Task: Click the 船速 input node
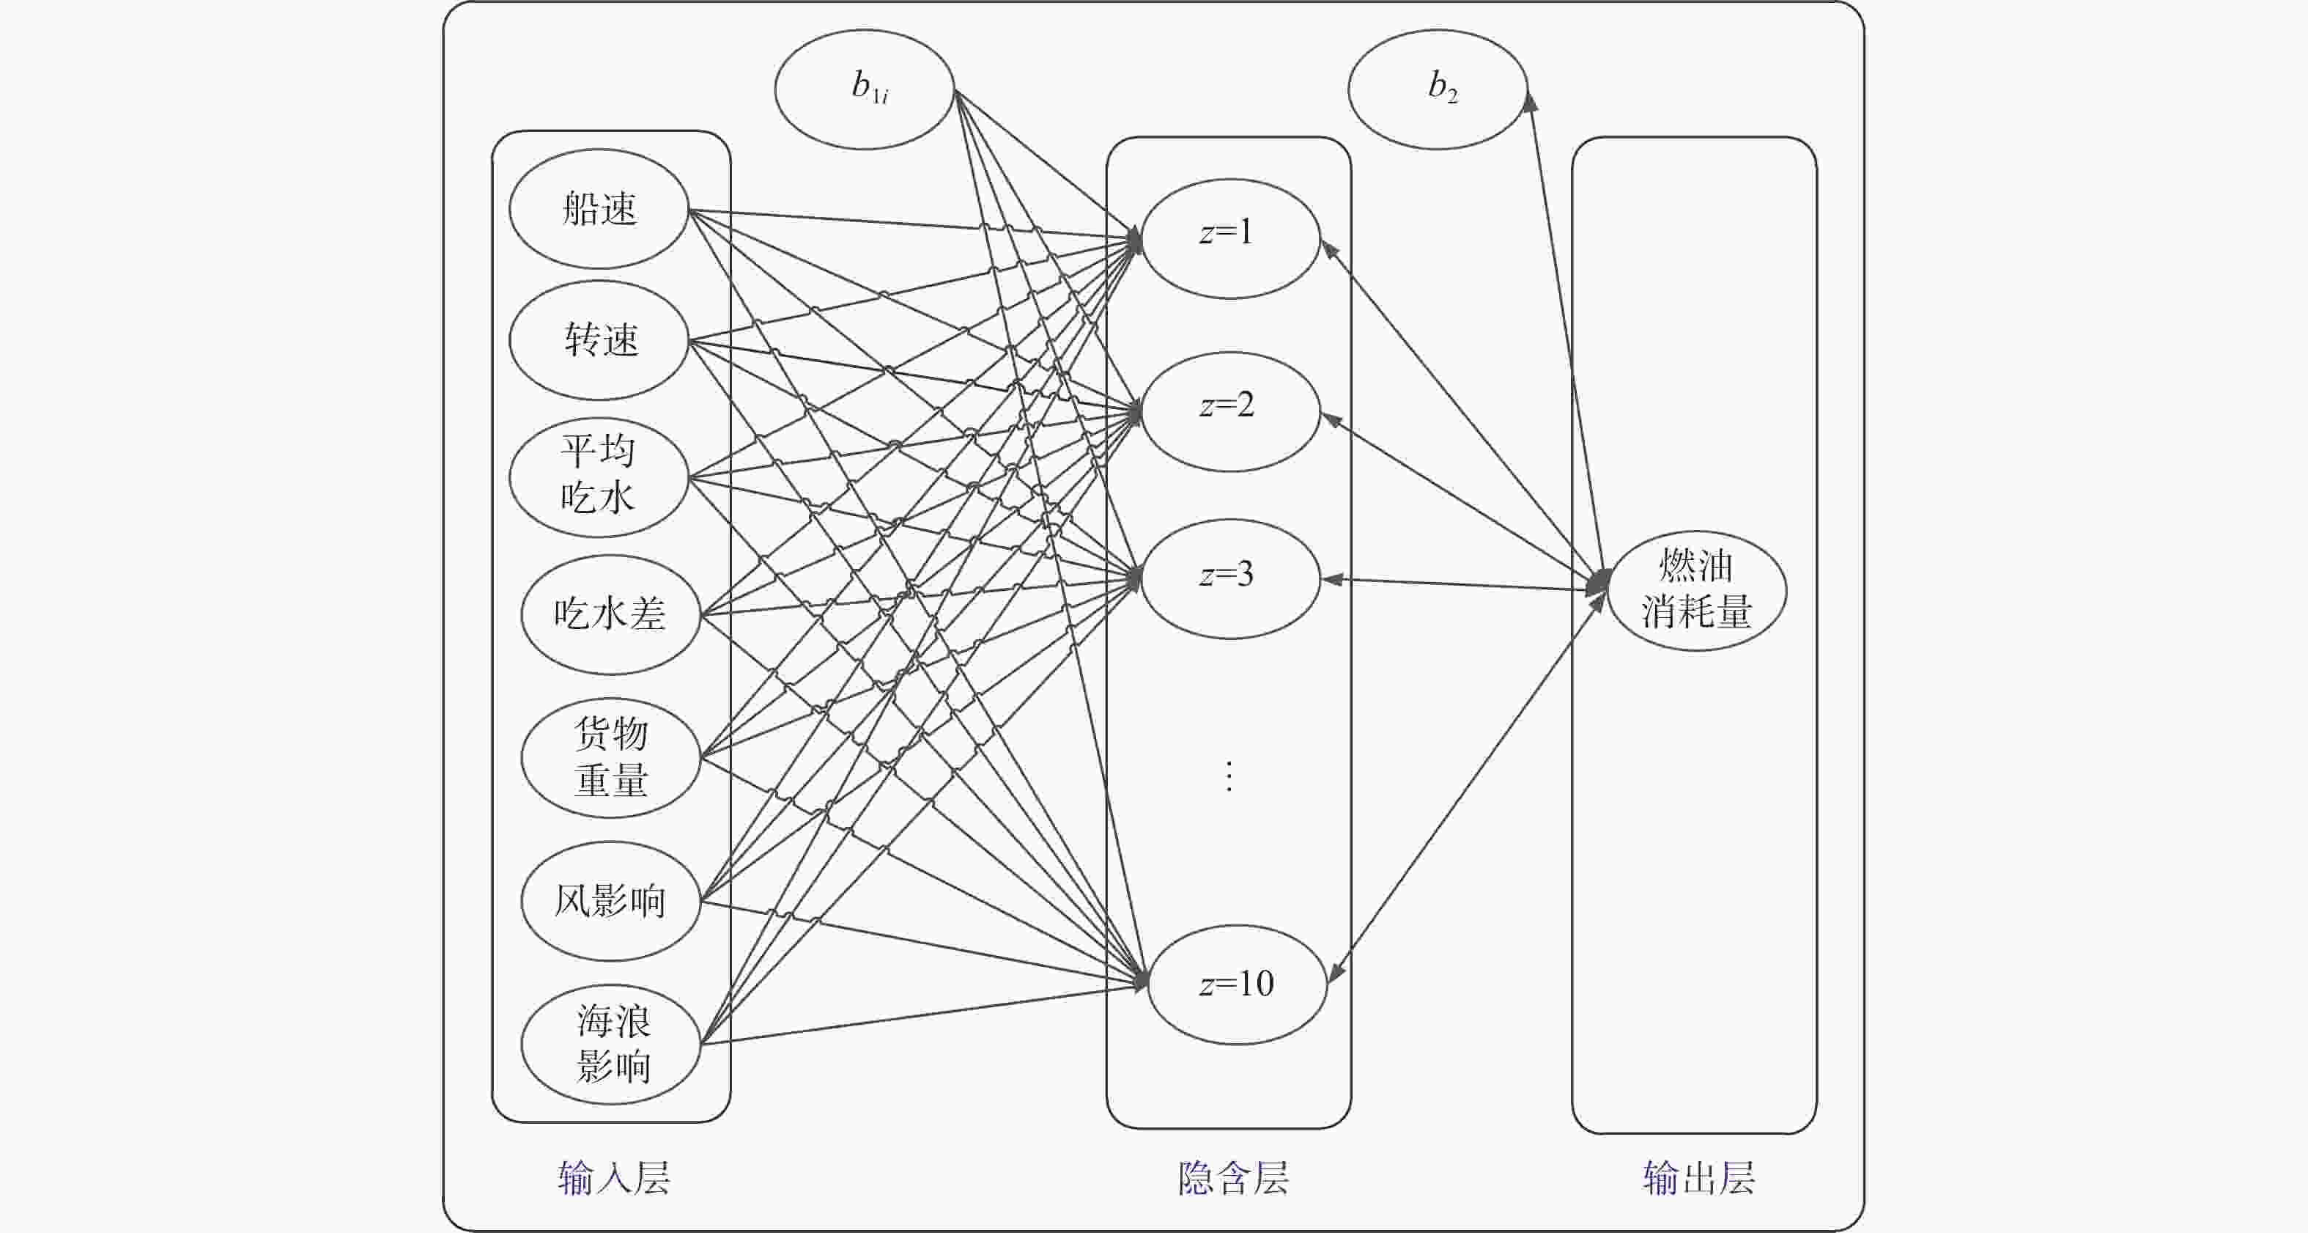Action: (x=599, y=209)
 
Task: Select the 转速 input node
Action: (x=599, y=339)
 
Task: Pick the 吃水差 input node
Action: (x=610, y=614)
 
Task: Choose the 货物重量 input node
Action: (x=610, y=757)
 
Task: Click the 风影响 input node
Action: (x=610, y=900)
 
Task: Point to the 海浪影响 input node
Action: (x=610, y=1044)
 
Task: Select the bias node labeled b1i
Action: (x=865, y=89)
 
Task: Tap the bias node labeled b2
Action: (x=1437, y=89)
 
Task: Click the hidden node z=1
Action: (x=1230, y=238)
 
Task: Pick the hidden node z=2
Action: (x=1230, y=411)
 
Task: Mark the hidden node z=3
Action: (x=1230, y=578)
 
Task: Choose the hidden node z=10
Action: (x=1237, y=984)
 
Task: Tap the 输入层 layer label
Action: (x=614, y=1177)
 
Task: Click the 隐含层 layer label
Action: (x=1233, y=1177)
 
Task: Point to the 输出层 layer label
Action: (x=1698, y=1177)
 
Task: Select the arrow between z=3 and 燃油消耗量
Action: (x=1460, y=584)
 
